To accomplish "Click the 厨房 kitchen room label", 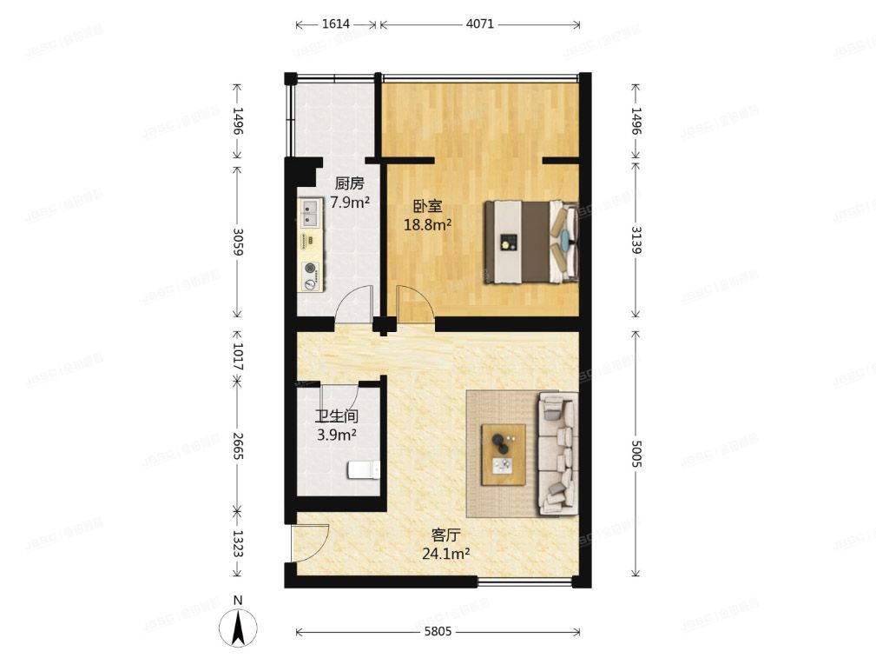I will coord(349,183).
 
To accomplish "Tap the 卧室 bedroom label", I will coord(427,206).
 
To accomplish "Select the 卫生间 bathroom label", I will coord(336,416).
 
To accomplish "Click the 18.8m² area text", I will coord(427,225).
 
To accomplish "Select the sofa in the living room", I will coord(557,452).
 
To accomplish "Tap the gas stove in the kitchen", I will coord(310,275).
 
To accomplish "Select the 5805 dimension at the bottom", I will coord(438,632).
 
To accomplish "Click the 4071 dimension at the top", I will coord(479,24).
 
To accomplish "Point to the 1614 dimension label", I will coord(335,24).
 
